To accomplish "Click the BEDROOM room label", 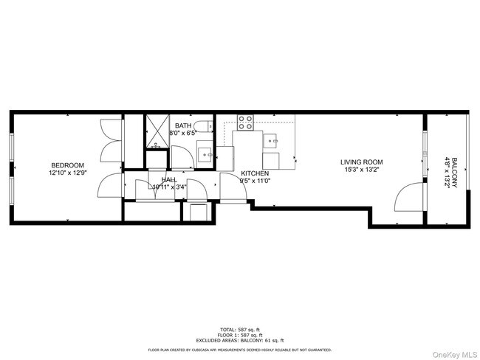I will coord(67,165).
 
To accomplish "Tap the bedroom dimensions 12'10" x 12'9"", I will coord(67,172).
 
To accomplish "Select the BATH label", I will coord(183,126).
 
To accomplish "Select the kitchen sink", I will coord(272,139).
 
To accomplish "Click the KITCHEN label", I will coord(254,173).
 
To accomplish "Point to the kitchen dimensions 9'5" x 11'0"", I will coord(254,181).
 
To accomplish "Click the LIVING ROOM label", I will coord(360,162).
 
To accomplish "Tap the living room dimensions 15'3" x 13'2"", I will coord(360,169).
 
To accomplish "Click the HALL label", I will coord(168,179).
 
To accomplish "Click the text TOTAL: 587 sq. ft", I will coord(240,329).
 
